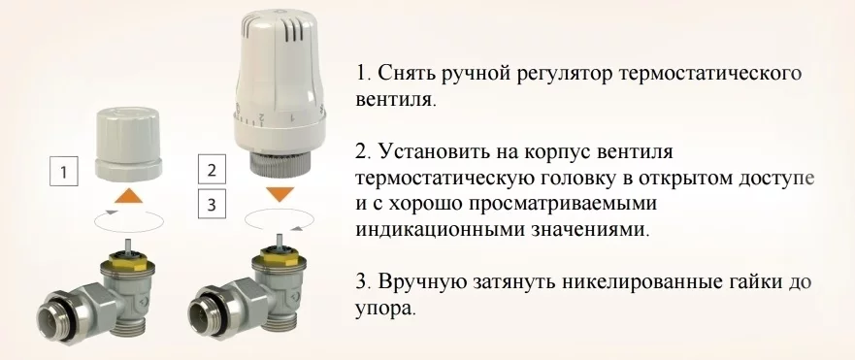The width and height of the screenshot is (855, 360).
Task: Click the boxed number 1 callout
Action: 64,172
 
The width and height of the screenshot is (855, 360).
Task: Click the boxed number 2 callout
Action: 212,170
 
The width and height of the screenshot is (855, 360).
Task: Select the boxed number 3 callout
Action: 212,204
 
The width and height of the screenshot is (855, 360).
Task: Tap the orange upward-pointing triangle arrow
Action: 129,195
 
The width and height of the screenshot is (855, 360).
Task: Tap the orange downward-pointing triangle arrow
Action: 280,194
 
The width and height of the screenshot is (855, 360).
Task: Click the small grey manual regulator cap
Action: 128,143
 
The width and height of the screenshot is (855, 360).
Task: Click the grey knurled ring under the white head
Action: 280,162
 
